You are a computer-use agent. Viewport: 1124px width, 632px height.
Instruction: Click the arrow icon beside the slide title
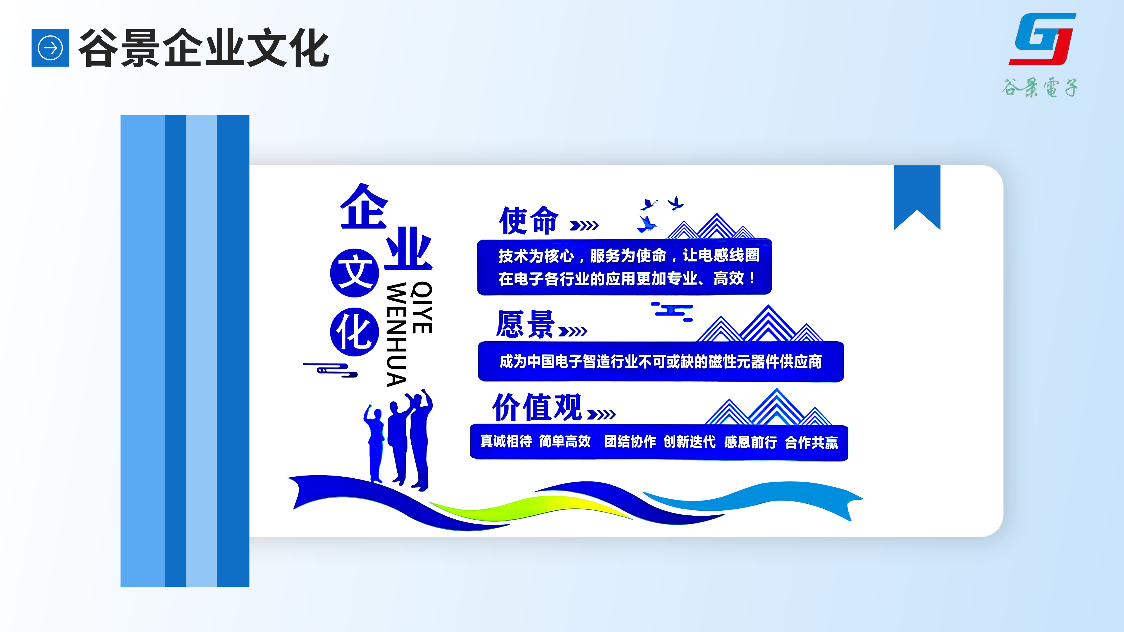pyautogui.click(x=50, y=47)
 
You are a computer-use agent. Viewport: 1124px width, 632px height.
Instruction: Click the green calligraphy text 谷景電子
pyautogui.click(x=1039, y=87)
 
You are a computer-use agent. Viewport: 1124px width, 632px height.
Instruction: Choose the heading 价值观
pyautogui.click(x=537, y=407)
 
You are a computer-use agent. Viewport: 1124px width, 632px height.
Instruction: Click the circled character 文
pyautogui.click(x=354, y=272)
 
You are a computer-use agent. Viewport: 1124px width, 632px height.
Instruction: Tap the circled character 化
pyautogui.click(x=354, y=332)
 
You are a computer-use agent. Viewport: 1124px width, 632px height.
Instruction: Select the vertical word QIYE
pyautogui.click(x=422, y=308)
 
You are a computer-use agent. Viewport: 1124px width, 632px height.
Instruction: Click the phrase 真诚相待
pyautogui.click(x=506, y=441)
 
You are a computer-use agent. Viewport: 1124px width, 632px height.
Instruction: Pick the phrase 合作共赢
pyautogui.click(x=812, y=442)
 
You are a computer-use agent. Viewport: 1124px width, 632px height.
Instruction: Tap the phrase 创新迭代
pyautogui.click(x=689, y=442)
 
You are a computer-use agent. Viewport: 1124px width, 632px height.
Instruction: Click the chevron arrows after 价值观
pyautogui.click(x=601, y=414)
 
